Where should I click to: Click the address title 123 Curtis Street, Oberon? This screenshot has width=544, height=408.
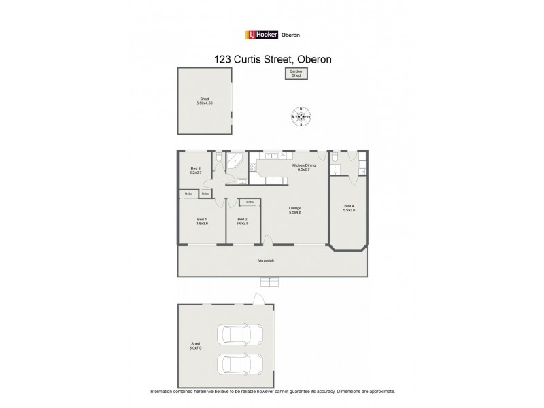click(272, 59)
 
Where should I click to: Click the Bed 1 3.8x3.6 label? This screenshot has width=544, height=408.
click(201, 220)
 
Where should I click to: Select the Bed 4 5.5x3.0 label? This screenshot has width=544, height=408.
click(349, 208)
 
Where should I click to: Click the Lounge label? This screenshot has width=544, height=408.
click(294, 210)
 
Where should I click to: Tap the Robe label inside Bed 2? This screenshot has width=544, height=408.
click(250, 202)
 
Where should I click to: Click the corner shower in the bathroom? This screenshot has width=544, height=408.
click(236, 160)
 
